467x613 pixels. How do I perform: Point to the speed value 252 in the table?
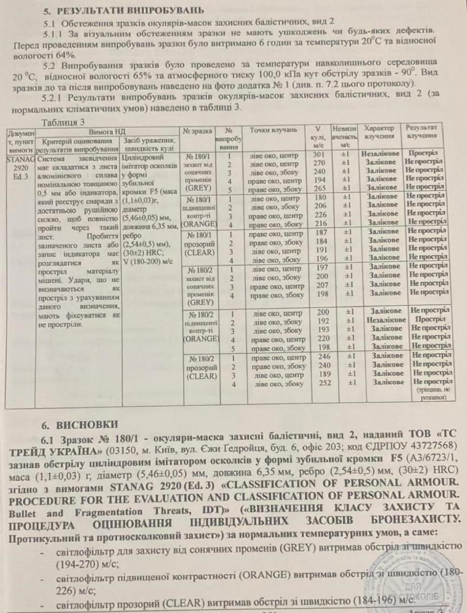tap(319, 382)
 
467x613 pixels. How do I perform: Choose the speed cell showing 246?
tap(319, 358)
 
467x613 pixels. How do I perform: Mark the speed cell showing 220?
tap(319, 337)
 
